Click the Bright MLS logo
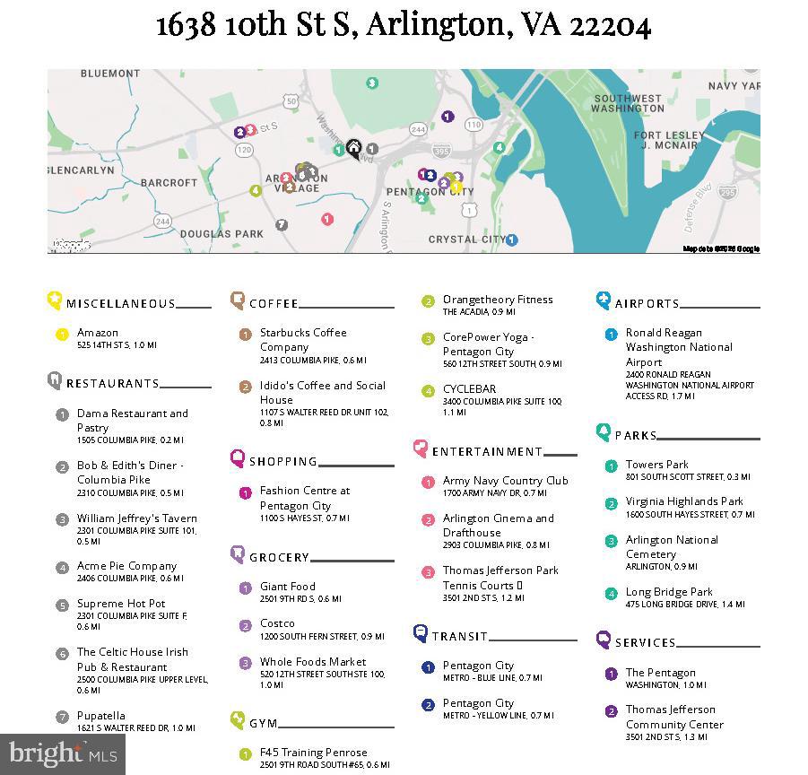tap(62, 755)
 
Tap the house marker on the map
tap(354, 148)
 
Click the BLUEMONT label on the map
tap(110, 74)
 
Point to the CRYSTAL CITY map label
tap(466, 239)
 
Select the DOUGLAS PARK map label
tap(222, 233)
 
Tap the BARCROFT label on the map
tap(169, 182)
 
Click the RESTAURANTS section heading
tap(112, 383)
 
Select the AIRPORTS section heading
tap(647, 303)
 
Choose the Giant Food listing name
tap(287, 586)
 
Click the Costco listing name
tap(277, 623)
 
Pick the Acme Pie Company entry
tap(126, 566)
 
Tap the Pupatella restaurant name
tap(101, 716)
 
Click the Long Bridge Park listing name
tap(669, 592)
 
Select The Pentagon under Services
tap(660, 673)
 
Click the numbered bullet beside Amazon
tap(62, 335)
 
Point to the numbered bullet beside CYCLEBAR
tap(428, 391)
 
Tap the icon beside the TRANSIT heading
tap(420, 634)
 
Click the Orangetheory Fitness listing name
tap(498, 300)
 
